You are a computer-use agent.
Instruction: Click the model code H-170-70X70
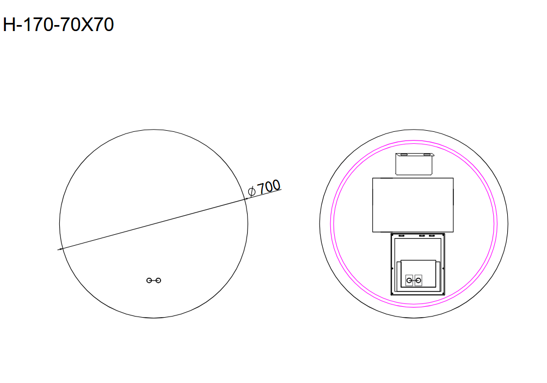point(58,25)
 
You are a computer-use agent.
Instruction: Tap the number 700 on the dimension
point(269,187)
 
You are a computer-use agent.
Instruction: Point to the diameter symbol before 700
point(251,191)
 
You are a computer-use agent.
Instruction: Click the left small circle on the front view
point(149,280)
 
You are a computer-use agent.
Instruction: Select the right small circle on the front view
point(158,280)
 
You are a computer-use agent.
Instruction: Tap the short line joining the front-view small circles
point(153,280)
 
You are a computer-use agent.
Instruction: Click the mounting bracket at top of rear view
point(414,163)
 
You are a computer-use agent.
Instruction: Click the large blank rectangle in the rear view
point(413,205)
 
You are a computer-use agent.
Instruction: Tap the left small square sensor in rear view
point(409,280)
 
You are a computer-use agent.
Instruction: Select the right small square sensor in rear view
point(418,280)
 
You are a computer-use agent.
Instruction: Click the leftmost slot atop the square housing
point(401,236)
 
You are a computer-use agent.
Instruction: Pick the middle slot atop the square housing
point(421,236)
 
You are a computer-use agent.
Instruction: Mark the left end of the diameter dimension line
point(58,250)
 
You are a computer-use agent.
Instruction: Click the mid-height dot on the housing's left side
point(392,268)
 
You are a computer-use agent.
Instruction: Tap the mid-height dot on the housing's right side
point(445,268)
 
